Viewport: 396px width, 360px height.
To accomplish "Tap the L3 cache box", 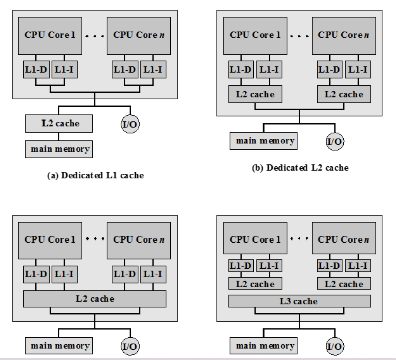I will tap(299, 301).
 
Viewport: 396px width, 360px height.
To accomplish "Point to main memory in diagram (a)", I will tap(58, 150).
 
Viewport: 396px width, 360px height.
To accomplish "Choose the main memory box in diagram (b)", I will tap(263, 140).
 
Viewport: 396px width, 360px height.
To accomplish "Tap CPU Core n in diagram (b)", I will tap(342, 36).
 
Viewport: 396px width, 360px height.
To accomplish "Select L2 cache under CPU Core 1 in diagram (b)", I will tap(255, 95).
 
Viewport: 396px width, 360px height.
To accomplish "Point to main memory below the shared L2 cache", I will tap(58, 347).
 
